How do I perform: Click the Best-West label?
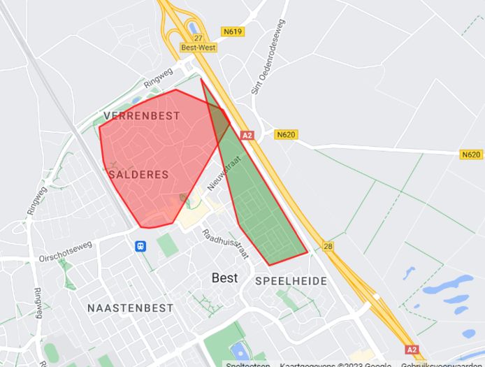pyautogui.click(x=198, y=48)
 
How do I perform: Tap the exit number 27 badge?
pyautogui.click(x=198, y=38)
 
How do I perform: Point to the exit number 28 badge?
pyautogui.click(x=328, y=246)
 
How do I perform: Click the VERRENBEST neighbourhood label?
pyautogui.click(x=136, y=116)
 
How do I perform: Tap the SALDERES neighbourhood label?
pyautogui.click(x=139, y=174)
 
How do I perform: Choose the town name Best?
pyautogui.click(x=224, y=278)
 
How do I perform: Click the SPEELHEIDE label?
pyautogui.click(x=291, y=281)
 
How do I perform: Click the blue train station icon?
pyautogui.click(x=141, y=246)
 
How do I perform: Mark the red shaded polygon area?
pyautogui.click(x=154, y=154)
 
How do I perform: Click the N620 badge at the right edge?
pyautogui.click(x=471, y=154)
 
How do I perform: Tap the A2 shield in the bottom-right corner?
pyautogui.click(x=412, y=349)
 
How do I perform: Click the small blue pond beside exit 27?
pyautogui.click(x=193, y=28)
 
